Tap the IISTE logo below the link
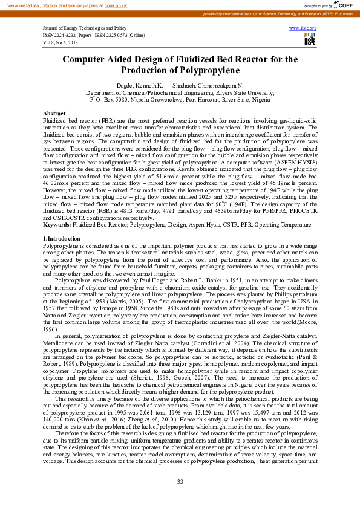[310, 39]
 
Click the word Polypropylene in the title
[180, 70]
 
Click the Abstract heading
[54, 114]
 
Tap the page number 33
[180, 481]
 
